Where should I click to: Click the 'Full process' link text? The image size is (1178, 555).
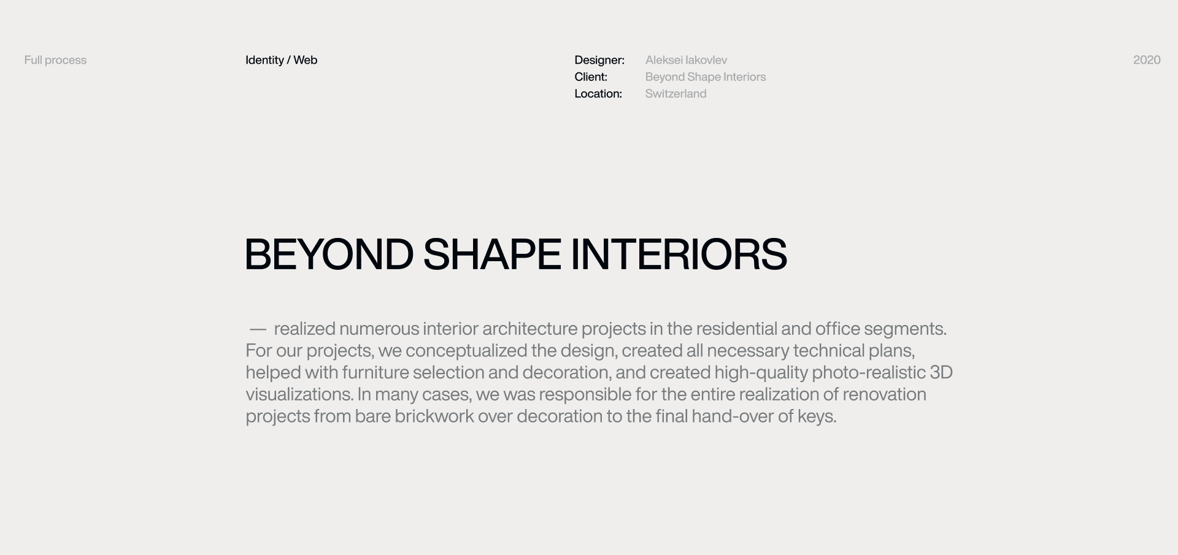click(x=55, y=60)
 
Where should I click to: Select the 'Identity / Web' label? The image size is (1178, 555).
click(x=281, y=60)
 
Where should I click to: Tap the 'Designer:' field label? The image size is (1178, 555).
click(x=599, y=60)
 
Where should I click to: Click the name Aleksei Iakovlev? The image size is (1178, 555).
click(x=686, y=60)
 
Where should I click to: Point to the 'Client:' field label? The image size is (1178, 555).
click(x=591, y=77)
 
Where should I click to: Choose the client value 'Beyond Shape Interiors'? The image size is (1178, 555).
click(x=706, y=77)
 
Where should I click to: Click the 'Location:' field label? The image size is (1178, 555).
click(x=598, y=94)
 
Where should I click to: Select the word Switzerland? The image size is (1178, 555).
click(x=676, y=94)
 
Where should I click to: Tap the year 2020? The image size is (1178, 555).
click(x=1147, y=60)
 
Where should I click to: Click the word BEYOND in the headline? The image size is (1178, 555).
click(x=329, y=254)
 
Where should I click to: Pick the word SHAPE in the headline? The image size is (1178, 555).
click(x=492, y=254)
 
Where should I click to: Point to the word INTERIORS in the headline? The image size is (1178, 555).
click(x=679, y=254)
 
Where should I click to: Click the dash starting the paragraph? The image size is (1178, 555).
click(x=258, y=330)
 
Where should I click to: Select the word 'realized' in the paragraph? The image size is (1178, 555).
click(x=304, y=329)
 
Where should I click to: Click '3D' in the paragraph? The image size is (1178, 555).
click(x=941, y=372)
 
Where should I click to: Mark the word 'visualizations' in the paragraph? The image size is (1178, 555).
click(x=299, y=394)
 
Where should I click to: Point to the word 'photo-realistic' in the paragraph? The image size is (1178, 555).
click(x=869, y=373)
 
